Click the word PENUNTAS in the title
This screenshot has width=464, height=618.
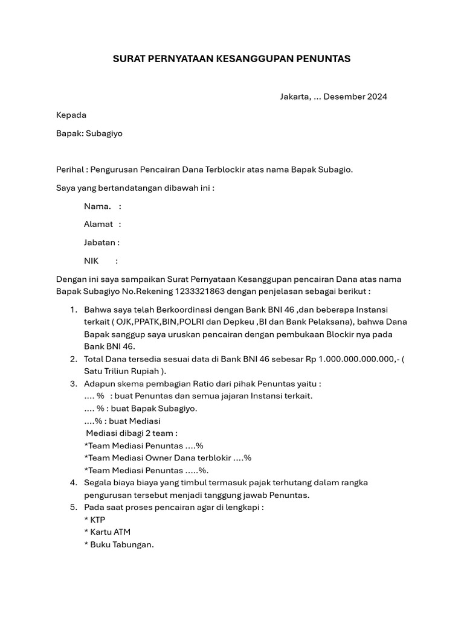(x=323, y=59)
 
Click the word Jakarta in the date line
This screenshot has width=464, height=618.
(x=295, y=97)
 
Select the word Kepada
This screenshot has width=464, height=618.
(x=71, y=115)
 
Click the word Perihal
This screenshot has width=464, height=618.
(x=69, y=170)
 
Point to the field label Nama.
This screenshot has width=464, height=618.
(x=97, y=206)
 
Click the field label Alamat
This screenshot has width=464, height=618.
(x=98, y=225)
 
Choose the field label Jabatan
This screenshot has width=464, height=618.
(x=100, y=243)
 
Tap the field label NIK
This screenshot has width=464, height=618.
(x=91, y=261)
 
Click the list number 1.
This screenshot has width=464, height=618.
(x=73, y=310)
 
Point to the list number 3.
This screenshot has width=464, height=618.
(x=73, y=384)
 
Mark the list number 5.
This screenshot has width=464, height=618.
(x=73, y=508)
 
